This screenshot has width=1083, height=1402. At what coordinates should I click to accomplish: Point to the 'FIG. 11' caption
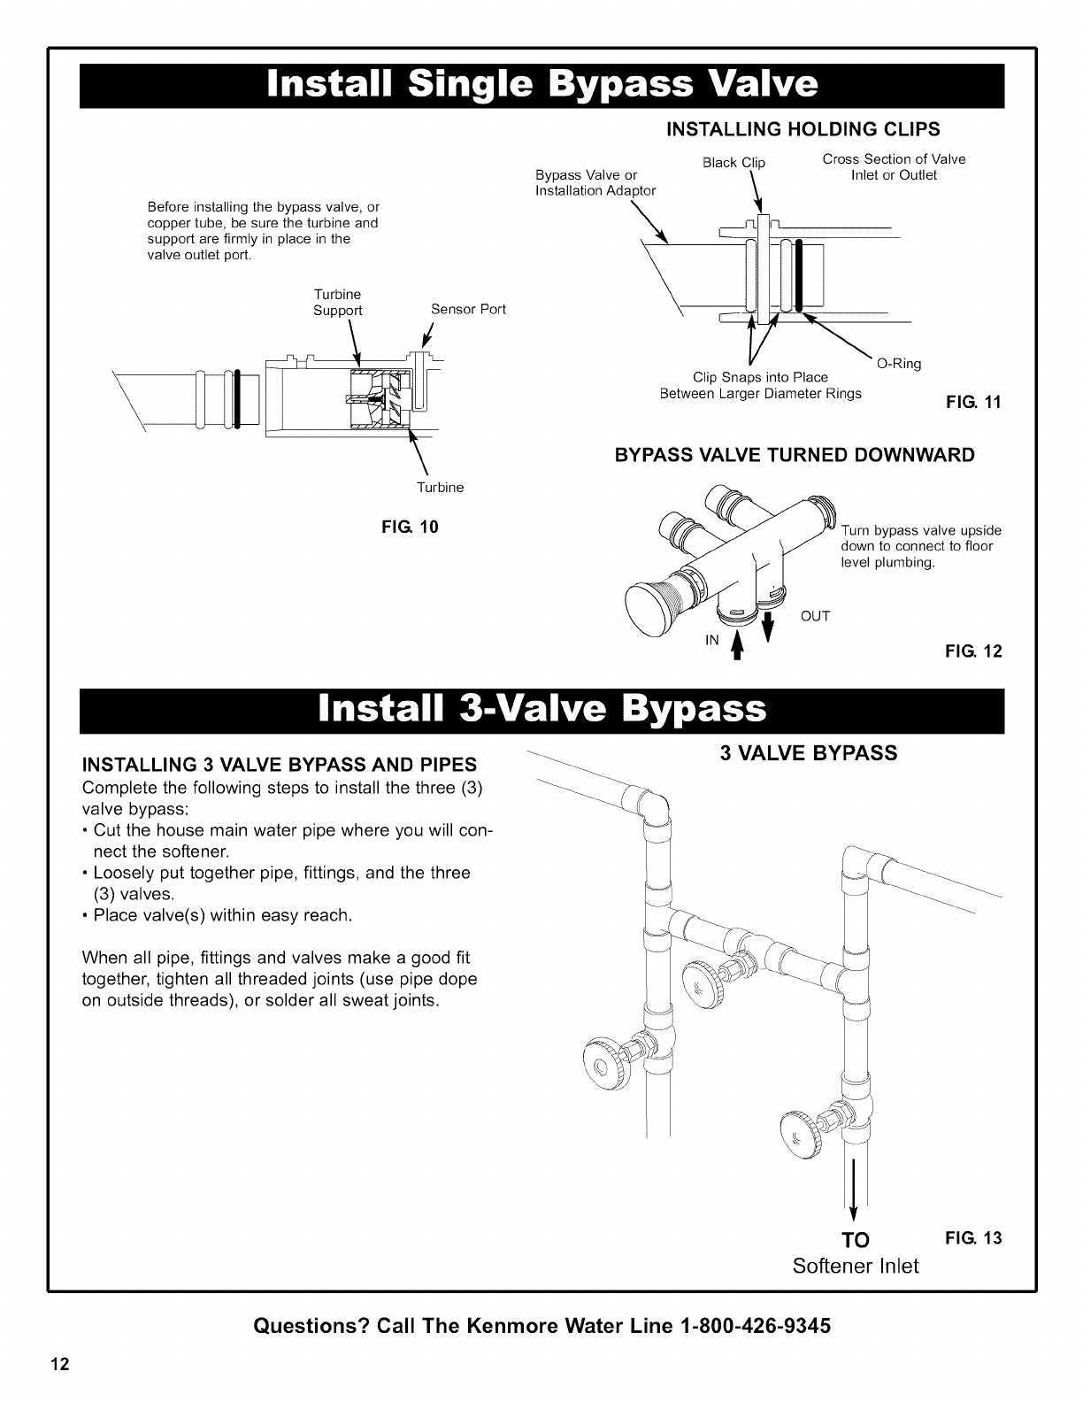pos(973,403)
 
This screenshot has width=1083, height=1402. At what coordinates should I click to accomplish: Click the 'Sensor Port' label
pos(468,310)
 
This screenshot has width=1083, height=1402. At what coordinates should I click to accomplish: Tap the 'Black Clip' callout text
pos(734,163)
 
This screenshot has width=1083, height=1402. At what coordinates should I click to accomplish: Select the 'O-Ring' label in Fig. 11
pos(898,364)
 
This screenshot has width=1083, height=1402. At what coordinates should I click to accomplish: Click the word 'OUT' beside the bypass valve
pos(816,616)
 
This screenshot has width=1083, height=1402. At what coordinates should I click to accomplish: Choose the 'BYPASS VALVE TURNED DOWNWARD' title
pos(795,456)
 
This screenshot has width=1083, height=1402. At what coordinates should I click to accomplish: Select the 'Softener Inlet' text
pos(856,1266)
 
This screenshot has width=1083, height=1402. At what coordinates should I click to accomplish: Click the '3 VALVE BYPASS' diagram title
pos(809,753)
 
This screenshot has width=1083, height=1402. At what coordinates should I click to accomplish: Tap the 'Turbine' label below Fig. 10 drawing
pos(440,488)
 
